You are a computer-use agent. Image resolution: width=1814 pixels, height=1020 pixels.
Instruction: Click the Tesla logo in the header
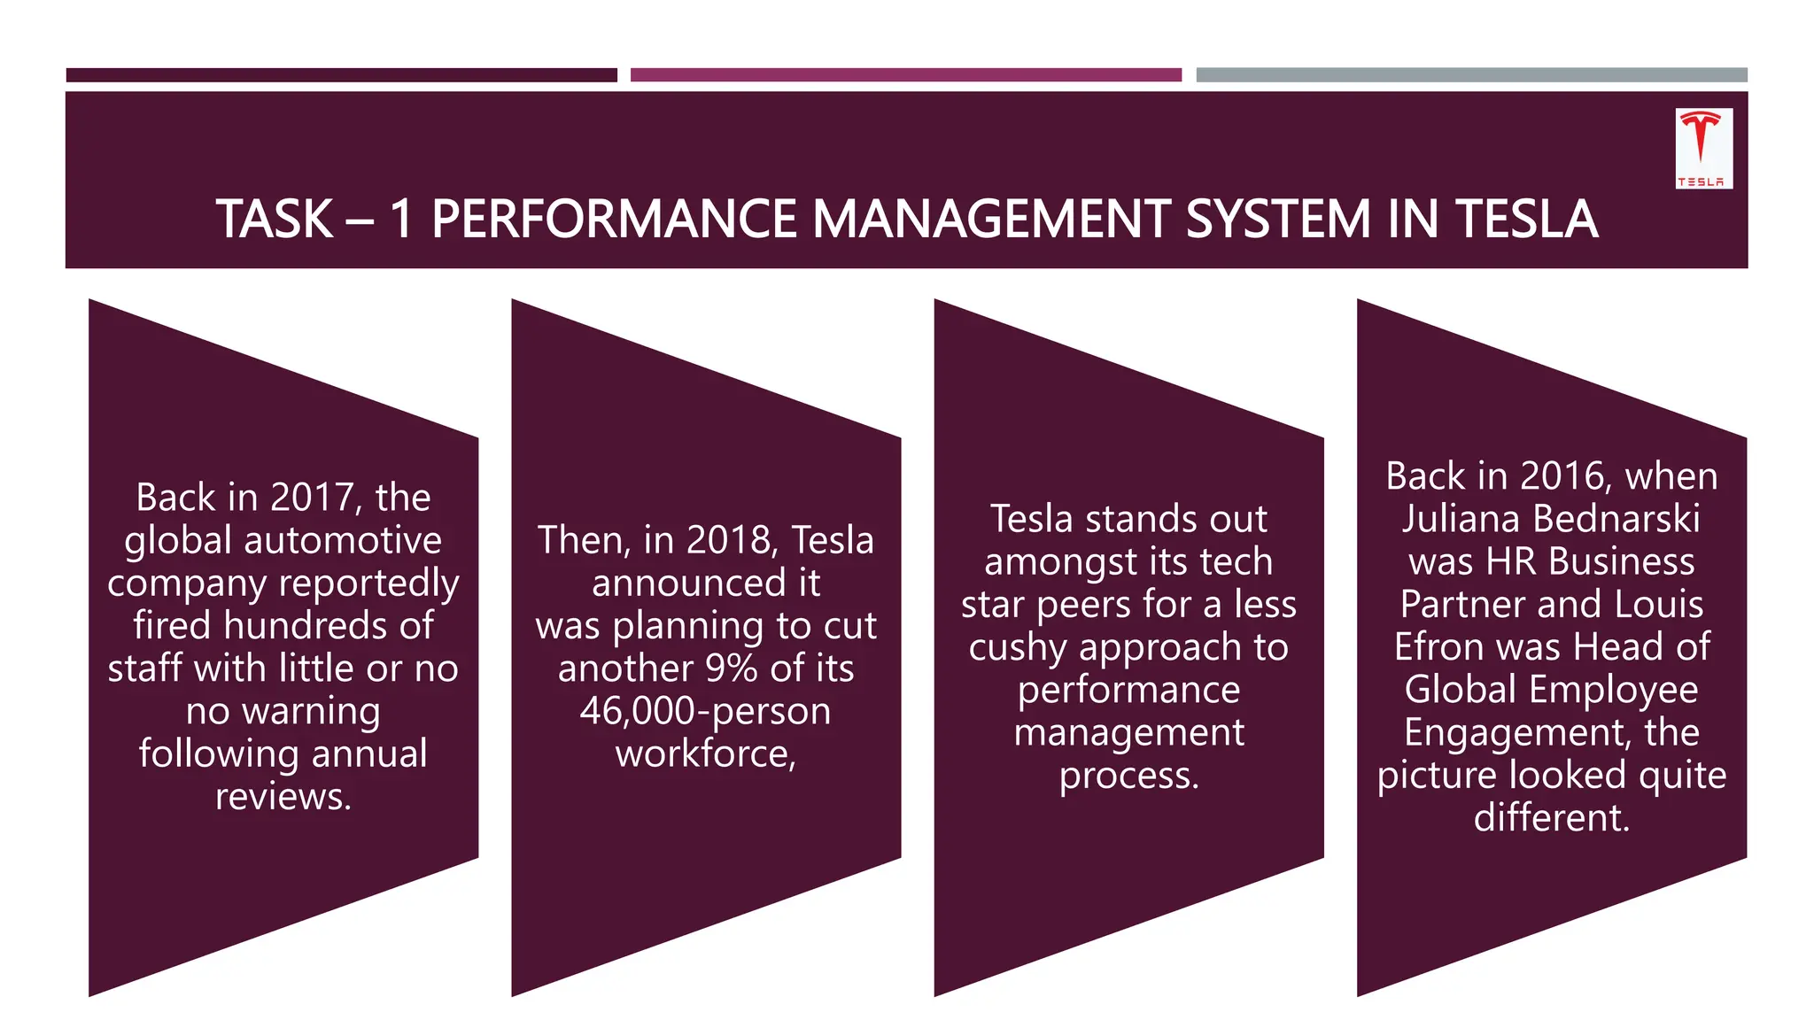point(1703,148)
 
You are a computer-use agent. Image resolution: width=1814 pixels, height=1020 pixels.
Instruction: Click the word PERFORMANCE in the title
point(613,220)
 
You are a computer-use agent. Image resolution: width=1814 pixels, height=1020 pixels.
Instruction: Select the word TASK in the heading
point(274,220)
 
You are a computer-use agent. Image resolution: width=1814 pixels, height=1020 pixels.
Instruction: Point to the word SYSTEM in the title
point(1278,220)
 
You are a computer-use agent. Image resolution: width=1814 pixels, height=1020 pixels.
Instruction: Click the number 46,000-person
point(705,711)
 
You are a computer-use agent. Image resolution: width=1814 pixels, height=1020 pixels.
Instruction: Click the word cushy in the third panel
point(1017,648)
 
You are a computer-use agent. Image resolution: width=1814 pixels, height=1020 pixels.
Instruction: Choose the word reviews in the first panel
point(283,797)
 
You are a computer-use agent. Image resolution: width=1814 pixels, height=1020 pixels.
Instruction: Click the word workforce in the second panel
point(705,754)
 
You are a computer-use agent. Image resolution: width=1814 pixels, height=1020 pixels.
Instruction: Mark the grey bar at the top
point(1471,75)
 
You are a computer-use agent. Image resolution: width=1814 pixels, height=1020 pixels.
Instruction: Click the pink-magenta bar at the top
point(905,75)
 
